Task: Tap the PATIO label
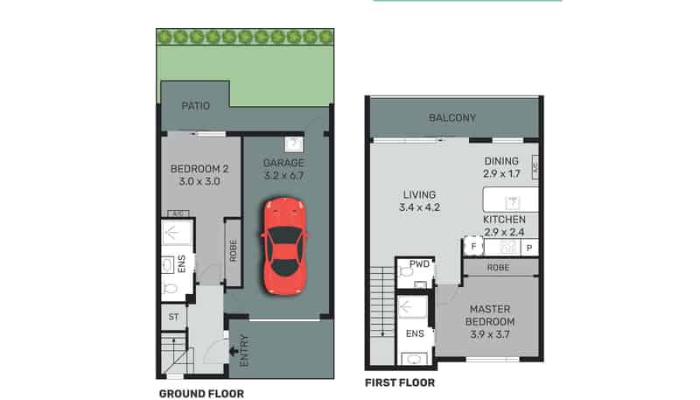coord(195,106)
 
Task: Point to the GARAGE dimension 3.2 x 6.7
coord(284,176)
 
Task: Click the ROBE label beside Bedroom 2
coord(233,252)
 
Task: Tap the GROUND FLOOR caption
coord(201,394)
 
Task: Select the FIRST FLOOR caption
coord(400,382)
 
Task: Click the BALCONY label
coord(452,118)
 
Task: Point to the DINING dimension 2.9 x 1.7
coord(501,174)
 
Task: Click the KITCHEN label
coord(504,219)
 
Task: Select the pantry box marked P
coord(528,249)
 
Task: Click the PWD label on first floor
coord(406,261)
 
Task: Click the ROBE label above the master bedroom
coord(499,268)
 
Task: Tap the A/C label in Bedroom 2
coord(178,214)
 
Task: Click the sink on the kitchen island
coord(514,201)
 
